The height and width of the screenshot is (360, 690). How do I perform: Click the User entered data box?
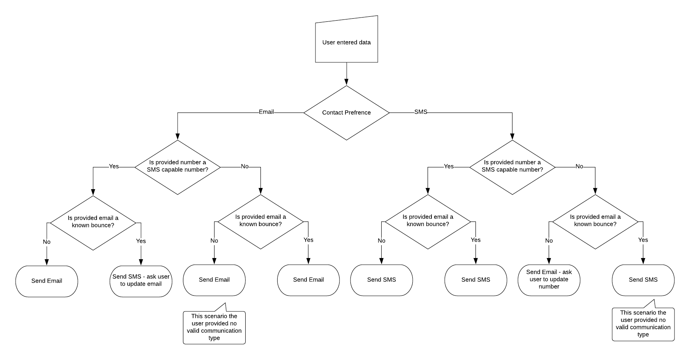346,42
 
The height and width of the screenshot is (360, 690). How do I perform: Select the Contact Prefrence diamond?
346,112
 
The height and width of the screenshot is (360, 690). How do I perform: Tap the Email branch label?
266,112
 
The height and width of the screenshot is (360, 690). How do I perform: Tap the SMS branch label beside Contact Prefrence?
421,112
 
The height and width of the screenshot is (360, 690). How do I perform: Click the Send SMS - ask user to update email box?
141,280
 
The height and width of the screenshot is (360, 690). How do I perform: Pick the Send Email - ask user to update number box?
549,279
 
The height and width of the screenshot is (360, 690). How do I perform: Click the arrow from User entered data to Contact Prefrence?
346,74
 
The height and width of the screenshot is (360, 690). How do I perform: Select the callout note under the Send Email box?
214,327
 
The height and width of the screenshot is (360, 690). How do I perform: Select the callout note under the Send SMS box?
643,323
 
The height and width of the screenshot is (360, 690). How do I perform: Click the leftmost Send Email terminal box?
47,281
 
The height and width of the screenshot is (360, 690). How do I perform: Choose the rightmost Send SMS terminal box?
643,279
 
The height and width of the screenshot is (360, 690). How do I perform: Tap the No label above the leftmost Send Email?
47,242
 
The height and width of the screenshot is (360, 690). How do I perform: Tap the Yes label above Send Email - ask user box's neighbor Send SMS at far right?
643,240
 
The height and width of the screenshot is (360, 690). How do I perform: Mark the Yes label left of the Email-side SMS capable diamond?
114,166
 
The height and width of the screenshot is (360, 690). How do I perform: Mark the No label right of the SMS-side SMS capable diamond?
579,166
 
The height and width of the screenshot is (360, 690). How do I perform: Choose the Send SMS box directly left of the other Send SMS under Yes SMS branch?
381,279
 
